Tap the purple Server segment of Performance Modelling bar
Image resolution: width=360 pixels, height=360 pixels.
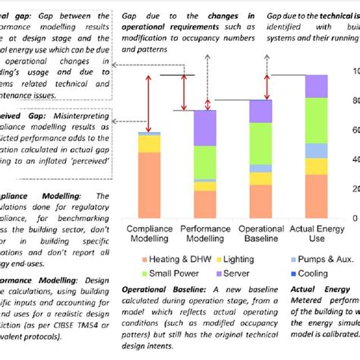[x=204, y=128]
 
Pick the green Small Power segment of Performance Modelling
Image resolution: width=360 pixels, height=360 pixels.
[x=204, y=162]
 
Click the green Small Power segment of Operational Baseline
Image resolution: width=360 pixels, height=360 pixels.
[x=261, y=143]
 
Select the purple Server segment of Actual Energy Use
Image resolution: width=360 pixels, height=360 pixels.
[x=316, y=86]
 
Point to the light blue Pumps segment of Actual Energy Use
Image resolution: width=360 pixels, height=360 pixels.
[x=316, y=150]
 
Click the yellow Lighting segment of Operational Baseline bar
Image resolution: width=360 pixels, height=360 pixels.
[x=261, y=178]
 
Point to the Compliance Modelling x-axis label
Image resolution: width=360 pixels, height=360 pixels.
[x=149, y=233]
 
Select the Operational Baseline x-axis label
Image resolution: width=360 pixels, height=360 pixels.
[x=261, y=233]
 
